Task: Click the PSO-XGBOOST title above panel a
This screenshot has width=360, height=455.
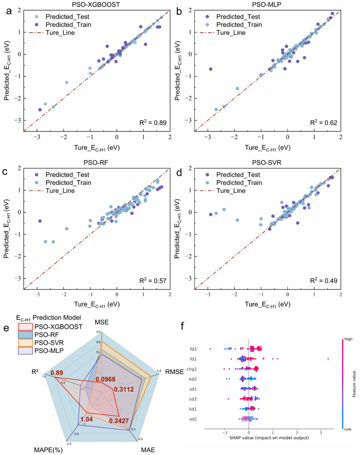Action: [x=97, y=5]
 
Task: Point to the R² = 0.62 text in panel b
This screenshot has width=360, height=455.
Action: [x=323, y=123]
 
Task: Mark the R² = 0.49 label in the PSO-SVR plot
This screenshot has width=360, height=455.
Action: [x=323, y=281]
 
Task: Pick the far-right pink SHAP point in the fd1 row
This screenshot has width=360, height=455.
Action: [x=328, y=359]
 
